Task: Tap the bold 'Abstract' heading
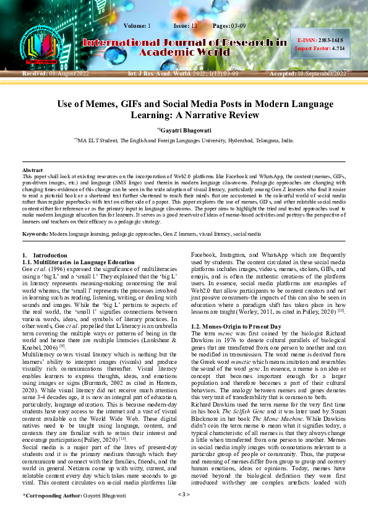click(33, 170)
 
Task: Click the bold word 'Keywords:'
click(35, 235)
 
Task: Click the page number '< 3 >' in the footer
click(184, 512)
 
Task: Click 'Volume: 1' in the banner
click(137, 25)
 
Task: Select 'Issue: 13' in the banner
click(185, 25)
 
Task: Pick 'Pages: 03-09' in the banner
click(229, 25)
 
